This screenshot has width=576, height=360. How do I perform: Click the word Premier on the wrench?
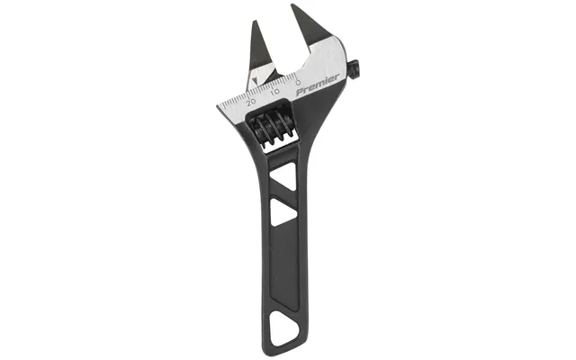click(318, 85)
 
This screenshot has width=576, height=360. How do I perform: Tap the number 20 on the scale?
click(252, 102)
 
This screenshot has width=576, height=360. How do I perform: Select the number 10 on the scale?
click(274, 92)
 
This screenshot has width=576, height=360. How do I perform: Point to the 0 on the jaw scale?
click(298, 82)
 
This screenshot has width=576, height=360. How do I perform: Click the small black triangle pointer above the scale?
click(256, 80)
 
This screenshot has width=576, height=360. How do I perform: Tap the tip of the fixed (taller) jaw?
click(292, 4)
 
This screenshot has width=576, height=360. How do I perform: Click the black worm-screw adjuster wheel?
click(271, 127)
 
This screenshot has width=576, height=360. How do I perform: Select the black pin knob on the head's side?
click(355, 70)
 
